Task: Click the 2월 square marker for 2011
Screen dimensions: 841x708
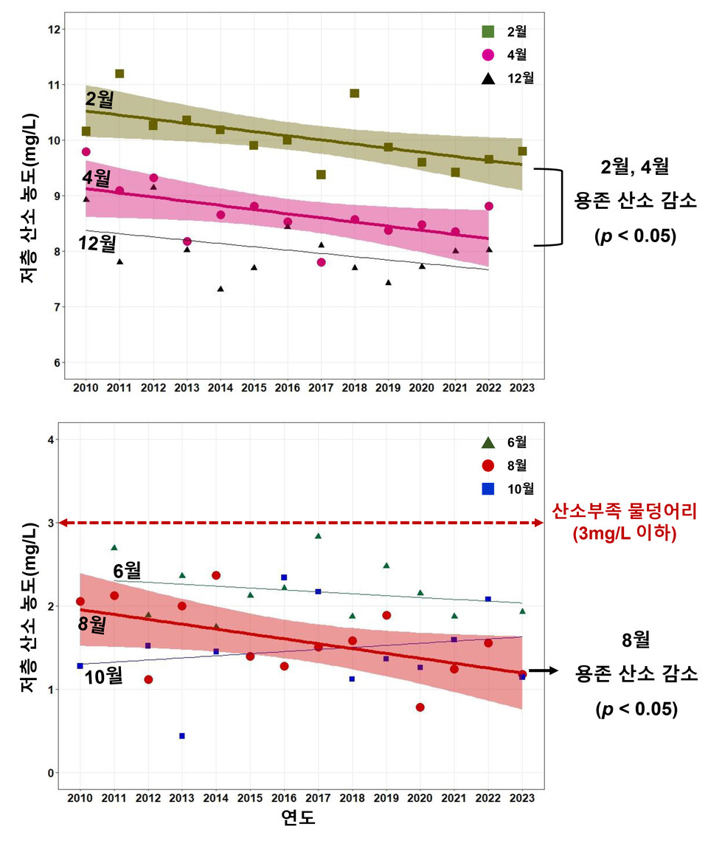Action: tap(119, 74)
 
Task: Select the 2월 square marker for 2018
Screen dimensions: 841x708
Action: tap(354, 93)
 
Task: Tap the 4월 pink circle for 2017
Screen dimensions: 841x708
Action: tap(321, 262)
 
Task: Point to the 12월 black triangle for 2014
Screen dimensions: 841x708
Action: tap(221, 289)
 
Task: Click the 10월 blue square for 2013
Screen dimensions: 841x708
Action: tap(181, 735)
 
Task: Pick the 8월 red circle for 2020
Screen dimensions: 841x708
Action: tap(420, 707)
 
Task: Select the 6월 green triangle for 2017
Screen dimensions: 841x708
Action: tap(318, 536)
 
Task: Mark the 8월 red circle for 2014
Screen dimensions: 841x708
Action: tap(216, 575)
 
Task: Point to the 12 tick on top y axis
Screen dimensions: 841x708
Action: tap(52, 29)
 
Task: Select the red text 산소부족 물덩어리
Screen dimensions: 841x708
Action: tap(625, 510)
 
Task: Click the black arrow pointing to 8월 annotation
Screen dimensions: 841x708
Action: tap(543, 671)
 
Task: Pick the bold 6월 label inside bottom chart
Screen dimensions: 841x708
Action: tap(127, 571)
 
